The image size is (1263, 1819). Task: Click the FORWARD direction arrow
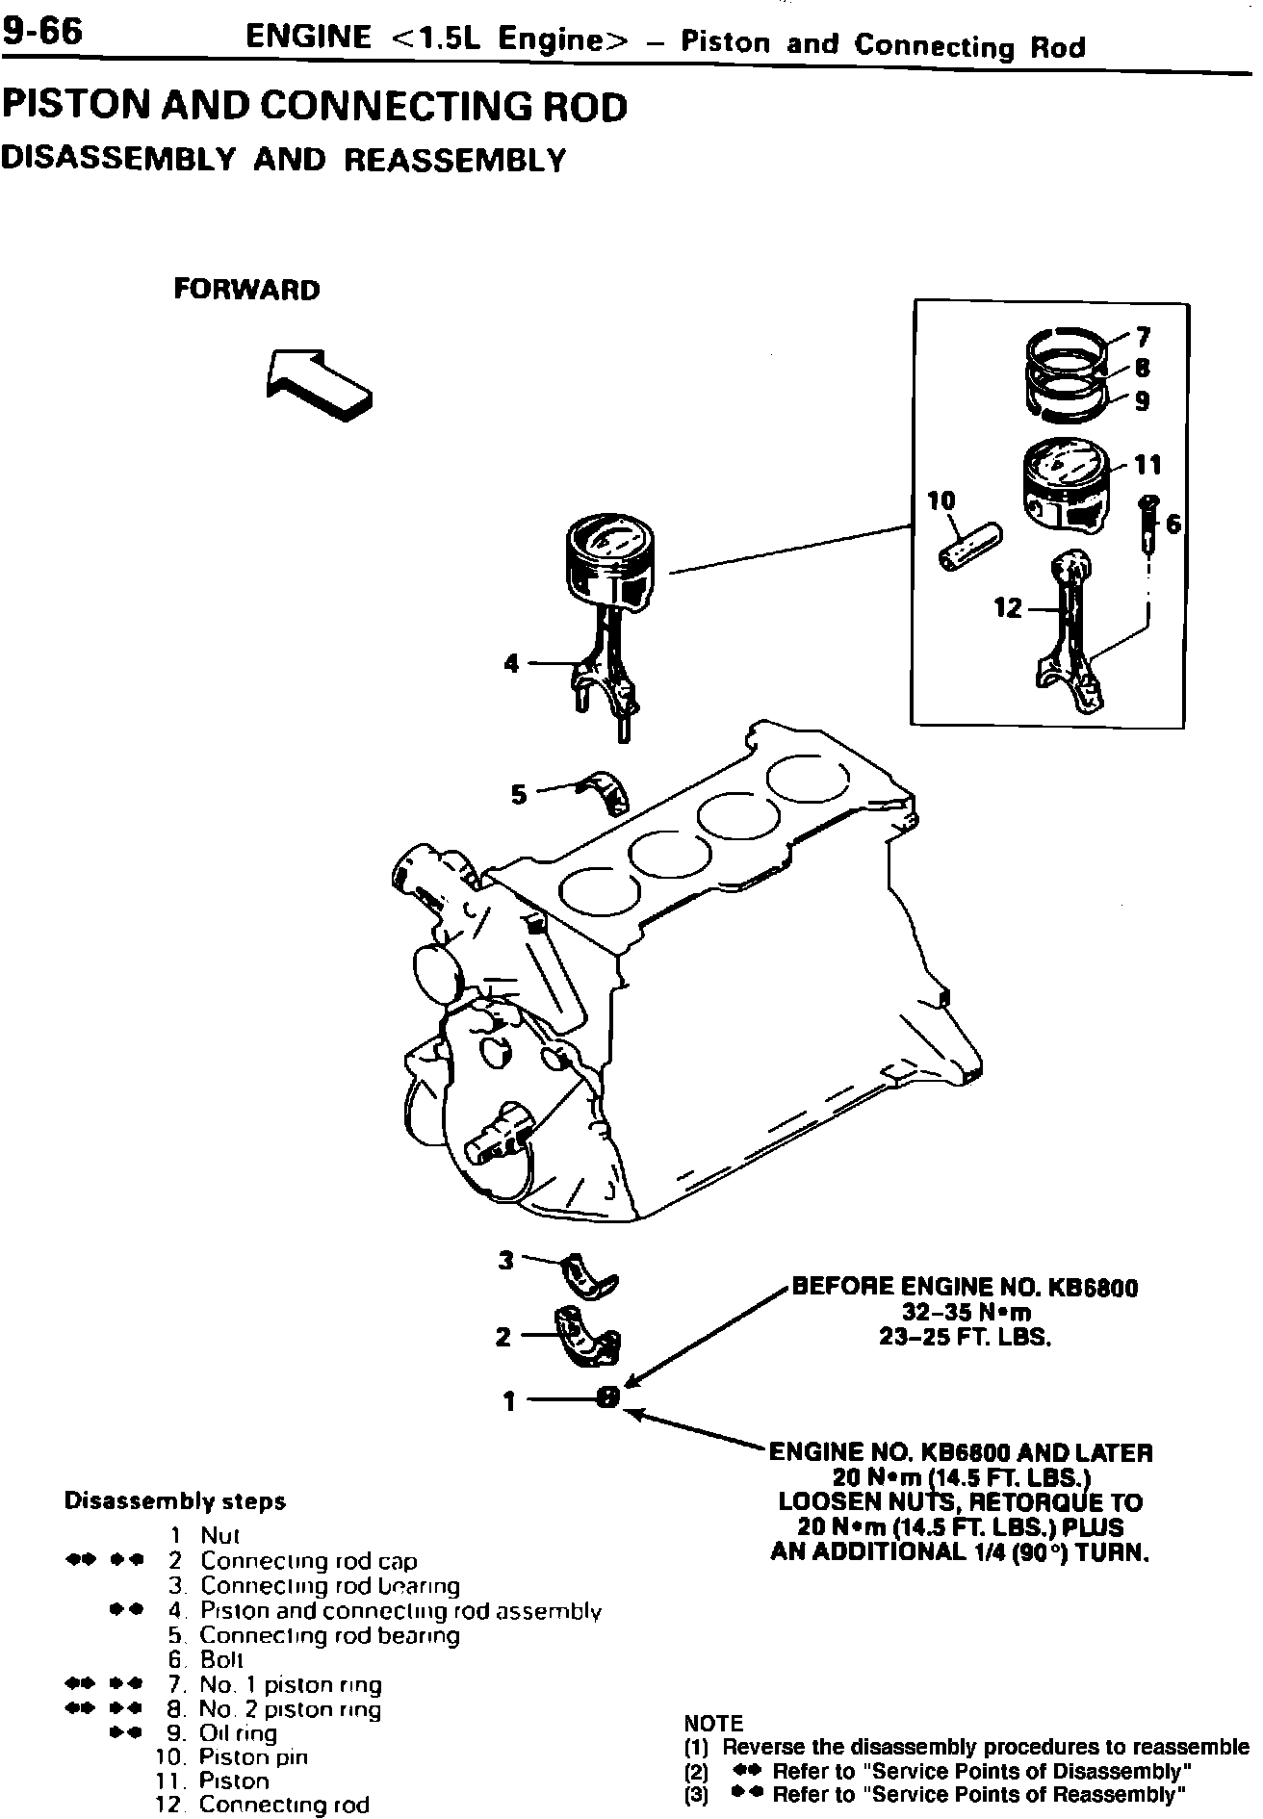[x=318, y=383]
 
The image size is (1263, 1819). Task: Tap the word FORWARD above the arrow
[x=246, y=290]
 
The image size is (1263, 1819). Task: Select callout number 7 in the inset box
[x=1143, y=337]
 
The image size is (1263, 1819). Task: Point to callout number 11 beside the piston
[x=1147, y=466]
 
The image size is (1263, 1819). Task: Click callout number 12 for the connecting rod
[x=1008, y=608]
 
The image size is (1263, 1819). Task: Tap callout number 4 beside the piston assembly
[x=511, y=663]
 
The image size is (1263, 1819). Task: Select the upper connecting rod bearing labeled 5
[x=605, y=791]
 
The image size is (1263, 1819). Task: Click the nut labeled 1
[x=608, y=1398]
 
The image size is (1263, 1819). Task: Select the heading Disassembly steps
[x=174, y=1501]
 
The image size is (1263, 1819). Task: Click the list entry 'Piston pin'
[x=253, y=1756]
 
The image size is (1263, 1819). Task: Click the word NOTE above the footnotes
[x=713, y=1723]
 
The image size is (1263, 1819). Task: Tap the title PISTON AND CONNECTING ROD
[x=315, y=106]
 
